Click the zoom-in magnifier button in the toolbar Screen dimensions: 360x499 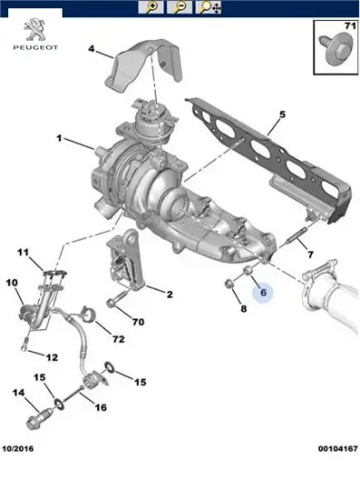point(151,7)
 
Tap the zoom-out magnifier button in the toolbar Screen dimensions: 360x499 point(180,7)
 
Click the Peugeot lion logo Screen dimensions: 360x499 point(35,30)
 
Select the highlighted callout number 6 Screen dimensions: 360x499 point(263,292)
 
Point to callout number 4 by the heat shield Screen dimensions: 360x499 point(92,49)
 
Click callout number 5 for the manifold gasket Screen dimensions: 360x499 point(282,114)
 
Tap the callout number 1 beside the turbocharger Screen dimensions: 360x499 point(59,139)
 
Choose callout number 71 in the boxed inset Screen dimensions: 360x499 point(350,25)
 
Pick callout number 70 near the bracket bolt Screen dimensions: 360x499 point(139,322)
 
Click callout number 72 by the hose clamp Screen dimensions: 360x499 point(118,339)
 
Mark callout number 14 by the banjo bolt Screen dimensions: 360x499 point(18,392)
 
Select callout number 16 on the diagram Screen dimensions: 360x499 point(101,407)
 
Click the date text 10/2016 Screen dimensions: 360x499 point(18,449)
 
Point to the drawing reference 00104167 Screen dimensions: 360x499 point(337,449)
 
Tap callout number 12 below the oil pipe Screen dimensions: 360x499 point(53,357)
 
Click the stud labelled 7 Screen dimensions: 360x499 point(297,238)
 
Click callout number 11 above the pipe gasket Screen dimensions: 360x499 point(24,253)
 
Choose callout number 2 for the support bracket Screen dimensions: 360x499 point(170,294)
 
